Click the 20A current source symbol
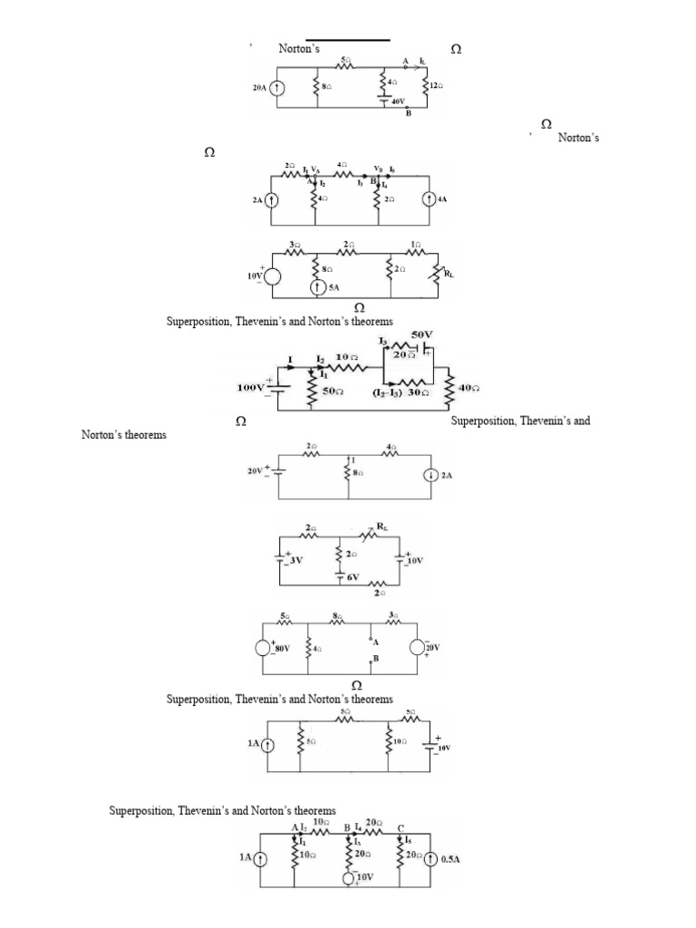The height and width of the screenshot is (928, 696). click(x=277, y=89)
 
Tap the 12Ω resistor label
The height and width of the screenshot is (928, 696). click(x=436, y=85)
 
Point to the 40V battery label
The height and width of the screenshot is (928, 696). click(x=400, y=102)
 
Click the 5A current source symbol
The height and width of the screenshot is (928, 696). click(x=317, y=287)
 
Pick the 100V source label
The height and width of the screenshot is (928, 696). click(x=250, y=387)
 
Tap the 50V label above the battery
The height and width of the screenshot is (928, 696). click(x=422, y=334)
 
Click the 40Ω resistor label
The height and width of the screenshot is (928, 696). click(x=469, y=388)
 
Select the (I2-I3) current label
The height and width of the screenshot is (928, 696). click(x=388, y=393)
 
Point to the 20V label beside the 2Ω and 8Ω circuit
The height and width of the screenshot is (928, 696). click(x=255, y=471)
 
